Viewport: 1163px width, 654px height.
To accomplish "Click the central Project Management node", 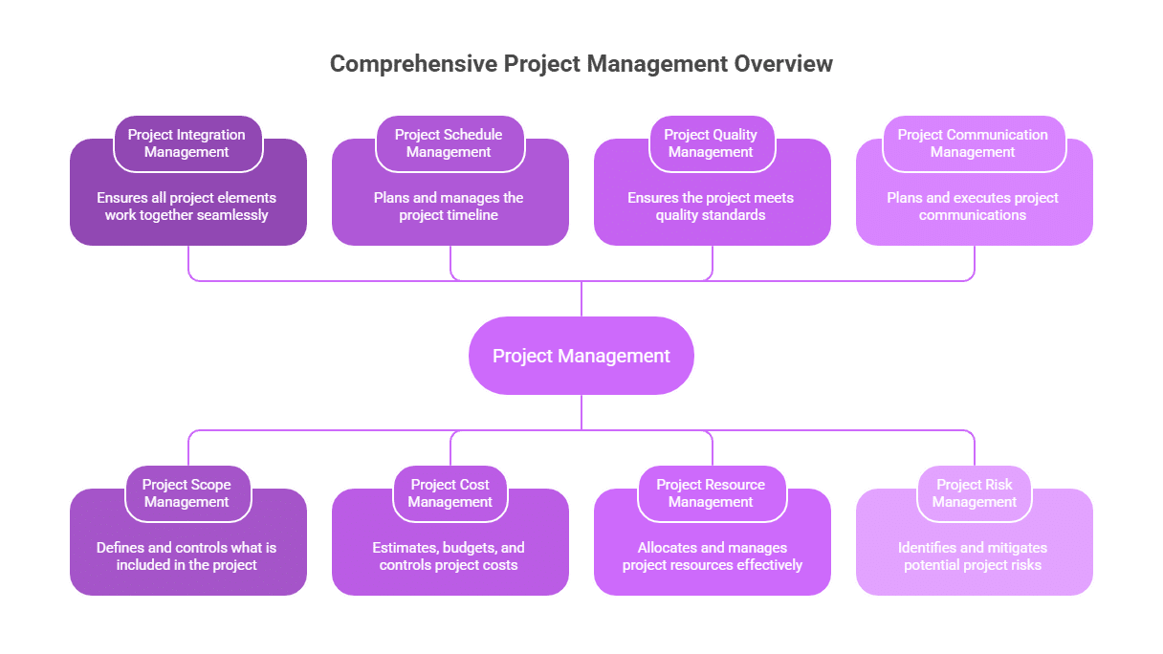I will pyautogui.click(x=581, y=356).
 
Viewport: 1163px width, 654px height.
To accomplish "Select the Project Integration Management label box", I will pyautogui.click(x=187, y=143).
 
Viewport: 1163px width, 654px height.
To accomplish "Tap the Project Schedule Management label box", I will pyautogui.click(x=449, y=143).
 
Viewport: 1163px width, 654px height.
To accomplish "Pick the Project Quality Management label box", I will pyautogui.click(x=711, y=143).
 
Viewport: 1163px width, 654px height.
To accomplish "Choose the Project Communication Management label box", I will pyautogui.click(x=973, y=143).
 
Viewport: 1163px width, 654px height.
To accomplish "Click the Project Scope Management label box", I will pyautogui.click(x=187, y=493).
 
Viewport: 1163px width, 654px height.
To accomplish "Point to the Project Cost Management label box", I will pyautogui.click(x=450, y=493).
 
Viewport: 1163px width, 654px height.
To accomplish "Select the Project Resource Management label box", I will pyautogui.click(x=711, y=493).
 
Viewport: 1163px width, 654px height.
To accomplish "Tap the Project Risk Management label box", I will pyautogui.click(x=975, y=493).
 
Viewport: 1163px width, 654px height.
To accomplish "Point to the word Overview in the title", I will pyautogui.click(x=783, y=64).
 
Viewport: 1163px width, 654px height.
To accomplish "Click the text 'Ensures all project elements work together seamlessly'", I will pyautogui.click(x=187, y=207).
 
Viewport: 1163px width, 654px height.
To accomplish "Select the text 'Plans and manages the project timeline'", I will pyautogui.click(x=449, y=207).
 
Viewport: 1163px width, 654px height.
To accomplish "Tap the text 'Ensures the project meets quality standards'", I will pyautogui.click(x=711, y=207).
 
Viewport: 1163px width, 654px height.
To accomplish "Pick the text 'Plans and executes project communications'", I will pyautogui.click(x=973, y=207).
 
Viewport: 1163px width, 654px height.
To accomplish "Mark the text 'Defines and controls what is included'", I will pyautogui.click(x=187, y=556).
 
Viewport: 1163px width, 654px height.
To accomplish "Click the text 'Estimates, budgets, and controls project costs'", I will pyautogui.click(x=449, y=556).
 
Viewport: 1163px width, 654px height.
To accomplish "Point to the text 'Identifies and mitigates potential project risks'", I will pyautogui.click(x=973, y=556).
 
